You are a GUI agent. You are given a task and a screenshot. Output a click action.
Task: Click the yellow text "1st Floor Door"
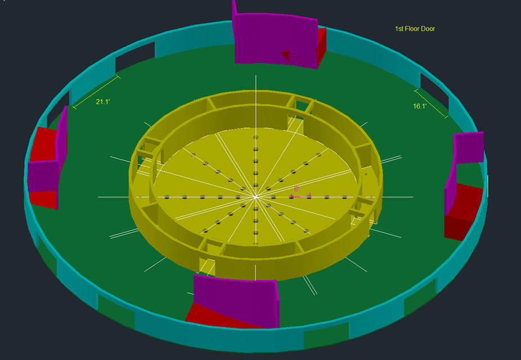click(x=415, y=29)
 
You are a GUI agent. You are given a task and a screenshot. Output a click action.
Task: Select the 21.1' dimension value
click(x=102, y=102)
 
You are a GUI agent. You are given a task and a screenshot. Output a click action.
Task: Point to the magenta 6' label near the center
click(x=297, y=190)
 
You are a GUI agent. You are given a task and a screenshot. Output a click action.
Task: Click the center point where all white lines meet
click(x=256, y=197)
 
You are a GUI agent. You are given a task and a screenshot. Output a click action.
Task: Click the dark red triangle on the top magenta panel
click(x=287, y=55)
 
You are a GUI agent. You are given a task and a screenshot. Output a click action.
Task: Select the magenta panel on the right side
click(x=468, y=147)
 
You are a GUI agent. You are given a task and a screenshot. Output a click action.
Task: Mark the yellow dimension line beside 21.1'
click(x=96, y=91)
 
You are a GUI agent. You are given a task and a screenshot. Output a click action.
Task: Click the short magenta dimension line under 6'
click(x=301, y=197)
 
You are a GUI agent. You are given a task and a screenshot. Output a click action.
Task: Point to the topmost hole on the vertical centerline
click(x=256, y=137)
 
